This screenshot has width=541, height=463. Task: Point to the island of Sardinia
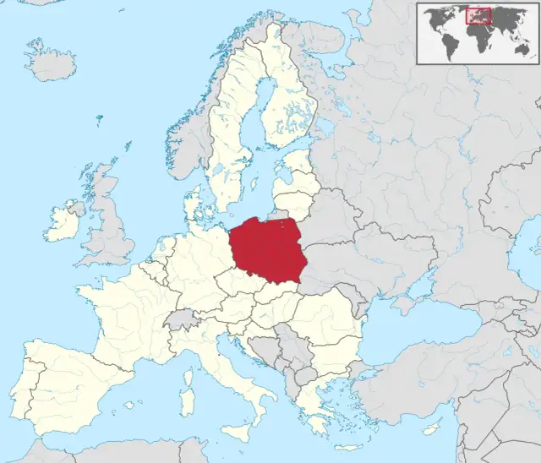188,399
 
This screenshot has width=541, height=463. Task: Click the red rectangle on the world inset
478,15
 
